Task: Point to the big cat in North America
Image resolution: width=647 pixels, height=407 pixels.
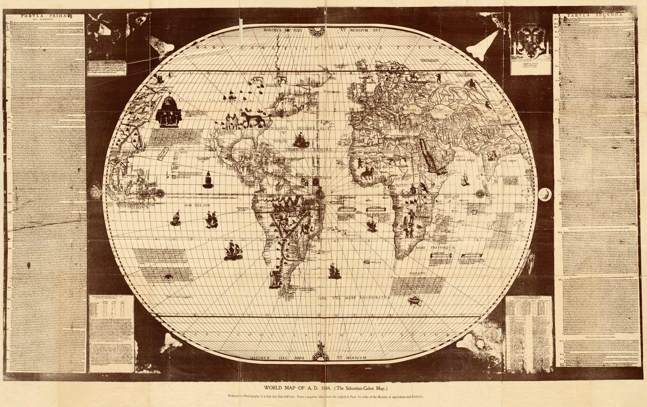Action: point(254,118)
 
